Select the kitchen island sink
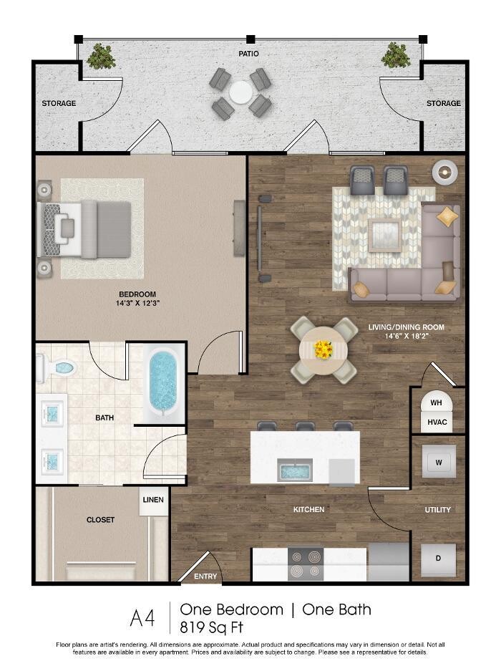295,470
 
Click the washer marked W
439,462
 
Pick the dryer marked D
438,559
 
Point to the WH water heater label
436,402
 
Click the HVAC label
437,423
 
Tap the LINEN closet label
153,500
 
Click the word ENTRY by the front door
205,576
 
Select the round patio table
240,92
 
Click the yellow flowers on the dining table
324,349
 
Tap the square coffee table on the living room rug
385,235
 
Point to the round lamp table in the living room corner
445,173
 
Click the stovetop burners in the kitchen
306,564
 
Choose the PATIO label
248,54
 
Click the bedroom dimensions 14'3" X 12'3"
137,304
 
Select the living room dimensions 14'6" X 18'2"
407,337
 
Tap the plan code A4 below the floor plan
142,618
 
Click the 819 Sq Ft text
211,627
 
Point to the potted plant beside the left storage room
101,56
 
